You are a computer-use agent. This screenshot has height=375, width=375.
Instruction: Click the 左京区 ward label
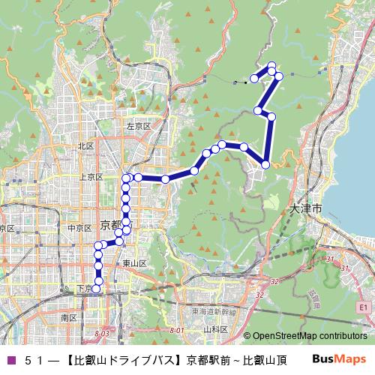pyautogui.click(x=139, y=126)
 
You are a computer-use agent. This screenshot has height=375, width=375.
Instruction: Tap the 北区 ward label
pyautogui.click(x=85, y=146)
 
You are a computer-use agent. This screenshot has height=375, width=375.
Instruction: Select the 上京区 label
pyautogui.click(x=91, y=177)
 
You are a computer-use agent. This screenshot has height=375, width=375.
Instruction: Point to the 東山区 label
pyautogui.click(x=134, y=262)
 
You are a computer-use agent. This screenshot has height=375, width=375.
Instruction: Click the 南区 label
pyautogui.click(x=69, y=318)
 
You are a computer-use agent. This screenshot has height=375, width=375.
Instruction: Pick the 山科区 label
pyautogui.click(x=215, y=329)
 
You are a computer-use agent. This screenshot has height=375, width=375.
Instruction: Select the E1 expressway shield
pyautogui.click(x=363, y=307)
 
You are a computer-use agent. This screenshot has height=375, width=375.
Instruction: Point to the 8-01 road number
pyautogui.click(x=177, y=331)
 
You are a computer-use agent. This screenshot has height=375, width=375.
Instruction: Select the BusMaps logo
pyautogui.click(x=343, y=358)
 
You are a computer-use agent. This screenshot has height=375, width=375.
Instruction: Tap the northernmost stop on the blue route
pyautogui.click(x=271, y=65)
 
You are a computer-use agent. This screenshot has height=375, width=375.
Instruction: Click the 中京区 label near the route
pyautogui.click(x=79, y=227)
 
